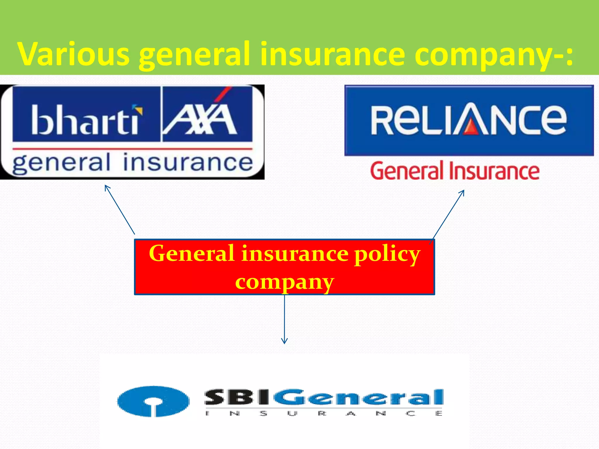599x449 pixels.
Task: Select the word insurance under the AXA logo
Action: coord(188,163)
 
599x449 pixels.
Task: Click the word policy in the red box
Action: coord(387,254)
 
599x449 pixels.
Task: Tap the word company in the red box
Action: coord(284,282)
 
